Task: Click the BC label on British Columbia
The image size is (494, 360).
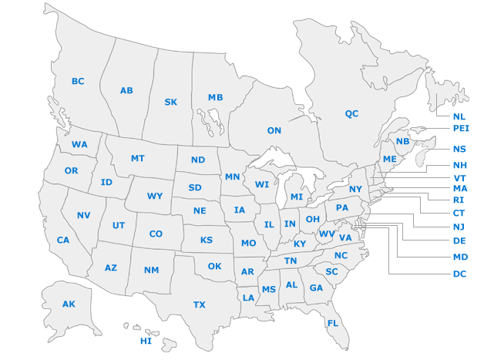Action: point(78,82)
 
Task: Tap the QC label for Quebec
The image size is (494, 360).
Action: point(351,114)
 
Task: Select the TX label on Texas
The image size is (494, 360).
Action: point(200,304)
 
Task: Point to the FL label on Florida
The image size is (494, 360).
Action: point(332,323)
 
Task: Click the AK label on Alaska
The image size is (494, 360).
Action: point(69,304)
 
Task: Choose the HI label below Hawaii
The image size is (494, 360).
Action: point(146,341)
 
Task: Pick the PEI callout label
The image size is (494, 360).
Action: point(461,128)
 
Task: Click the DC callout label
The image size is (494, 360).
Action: point(460,273)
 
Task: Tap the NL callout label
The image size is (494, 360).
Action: point(459,116)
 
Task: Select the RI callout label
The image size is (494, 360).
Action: point(459,200)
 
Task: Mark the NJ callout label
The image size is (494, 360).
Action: point(459,226)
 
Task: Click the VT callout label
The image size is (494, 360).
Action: point(460,177)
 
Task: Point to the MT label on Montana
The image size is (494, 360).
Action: point(137,159)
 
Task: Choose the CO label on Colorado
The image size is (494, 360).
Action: point(156,234)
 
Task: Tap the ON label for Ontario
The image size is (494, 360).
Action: point(274,131)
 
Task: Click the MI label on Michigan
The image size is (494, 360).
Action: point(297,197)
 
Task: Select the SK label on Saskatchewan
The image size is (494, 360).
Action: point(171,102)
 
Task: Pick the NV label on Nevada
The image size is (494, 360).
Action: point(83,215)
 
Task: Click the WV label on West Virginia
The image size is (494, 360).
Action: point(327,234)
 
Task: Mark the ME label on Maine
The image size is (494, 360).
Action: point(390,159)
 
